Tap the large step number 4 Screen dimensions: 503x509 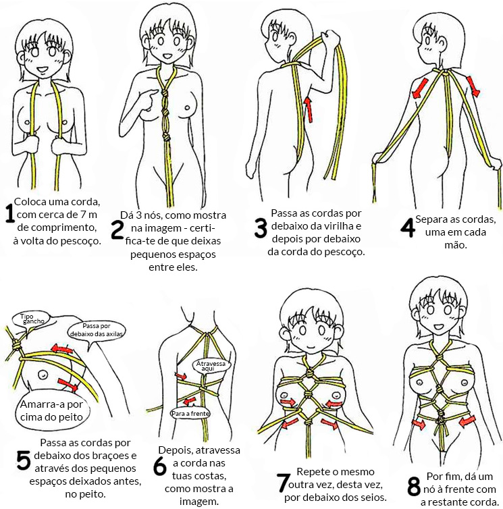[x=408, y=228]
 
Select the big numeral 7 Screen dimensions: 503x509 [x=282, y=483]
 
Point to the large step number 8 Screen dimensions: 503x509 [x=414, y=487]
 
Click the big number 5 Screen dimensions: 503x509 [x=24, y=460]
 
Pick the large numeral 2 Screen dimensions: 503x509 [x=117, y=230]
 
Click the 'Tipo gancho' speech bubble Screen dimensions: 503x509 [x=31, y=319]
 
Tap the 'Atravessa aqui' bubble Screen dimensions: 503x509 [x=211, y=366]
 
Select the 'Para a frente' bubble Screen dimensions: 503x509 [x=190, y=413]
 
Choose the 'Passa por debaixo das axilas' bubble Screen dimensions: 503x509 [x=97, y=331]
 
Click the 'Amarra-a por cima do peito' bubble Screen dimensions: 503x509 [x=52, y=411]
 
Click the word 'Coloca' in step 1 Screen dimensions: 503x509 [x=30, y=202]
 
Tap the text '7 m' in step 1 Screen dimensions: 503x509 [x=88, y=215]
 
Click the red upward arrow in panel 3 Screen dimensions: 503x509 [x=308, y=109]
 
